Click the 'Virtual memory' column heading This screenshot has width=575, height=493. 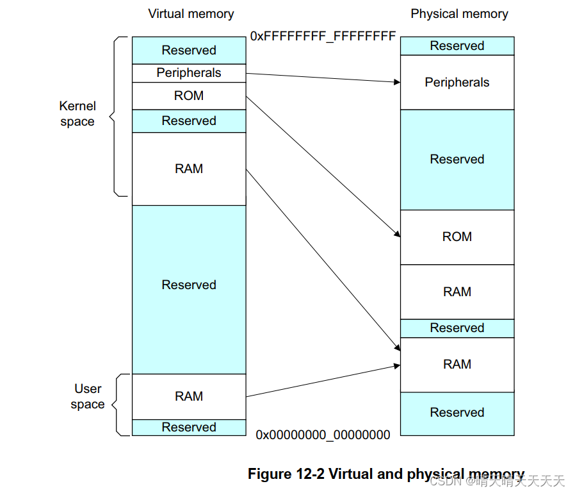point(191,13)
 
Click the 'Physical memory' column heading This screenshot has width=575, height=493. point(459,13)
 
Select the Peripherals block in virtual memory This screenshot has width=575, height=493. point(189,73)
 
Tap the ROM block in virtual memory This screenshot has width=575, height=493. point(189,96)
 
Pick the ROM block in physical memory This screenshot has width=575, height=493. point(457,237)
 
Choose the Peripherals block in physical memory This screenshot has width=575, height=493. point(457,82)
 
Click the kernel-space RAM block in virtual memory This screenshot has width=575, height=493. point(189,169)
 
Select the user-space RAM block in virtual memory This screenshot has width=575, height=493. point(189,396)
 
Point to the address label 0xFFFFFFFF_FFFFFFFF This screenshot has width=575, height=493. point(323,36)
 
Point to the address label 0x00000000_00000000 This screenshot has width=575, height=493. point(323,435)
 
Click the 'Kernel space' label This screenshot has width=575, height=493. point(77,113)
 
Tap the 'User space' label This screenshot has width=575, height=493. point(88,396)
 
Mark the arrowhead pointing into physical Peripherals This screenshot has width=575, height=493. point(396,82)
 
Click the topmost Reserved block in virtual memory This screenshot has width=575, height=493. point(189,50)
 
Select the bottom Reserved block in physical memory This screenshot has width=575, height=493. point(457,413)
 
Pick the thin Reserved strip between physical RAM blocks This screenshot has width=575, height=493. point(457,328)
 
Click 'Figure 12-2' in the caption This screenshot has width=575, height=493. point(286,474)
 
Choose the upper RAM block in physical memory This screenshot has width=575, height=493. point(457,292)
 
